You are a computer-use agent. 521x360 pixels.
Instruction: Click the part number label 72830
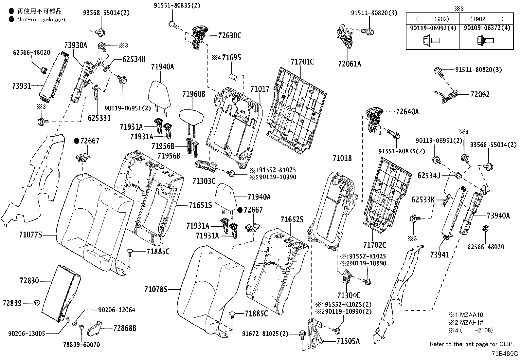[x=29, y=281]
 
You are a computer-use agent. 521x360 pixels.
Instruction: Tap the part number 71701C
[x=302, y=62]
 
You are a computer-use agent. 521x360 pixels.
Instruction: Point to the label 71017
[x=260, y=89]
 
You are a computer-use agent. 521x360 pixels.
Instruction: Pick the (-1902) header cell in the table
[x=433, y=19]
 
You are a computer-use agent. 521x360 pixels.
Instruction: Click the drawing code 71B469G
[x=504, y=354]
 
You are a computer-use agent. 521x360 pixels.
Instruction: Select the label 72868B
[x=125, y=328]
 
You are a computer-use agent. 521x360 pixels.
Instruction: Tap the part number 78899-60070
[x=81, y=345]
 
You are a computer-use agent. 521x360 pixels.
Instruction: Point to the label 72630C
[x=229, y=35]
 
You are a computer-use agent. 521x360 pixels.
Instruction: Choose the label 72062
[x=480, y=94]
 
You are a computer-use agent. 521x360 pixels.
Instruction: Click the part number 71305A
[x=348, y=341]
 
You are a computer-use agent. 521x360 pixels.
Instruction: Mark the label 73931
[x=21, y=86]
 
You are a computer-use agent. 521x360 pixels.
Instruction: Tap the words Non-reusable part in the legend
[x=42, y=19]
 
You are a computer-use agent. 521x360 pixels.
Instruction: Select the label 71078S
[x=155, y=289]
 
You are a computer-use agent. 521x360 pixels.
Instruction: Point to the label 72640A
[x=407, y=112]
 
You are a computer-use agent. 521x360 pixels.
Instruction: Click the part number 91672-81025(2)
[x=265, y=333]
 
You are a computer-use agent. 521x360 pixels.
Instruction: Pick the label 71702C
[x=375, y=245]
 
